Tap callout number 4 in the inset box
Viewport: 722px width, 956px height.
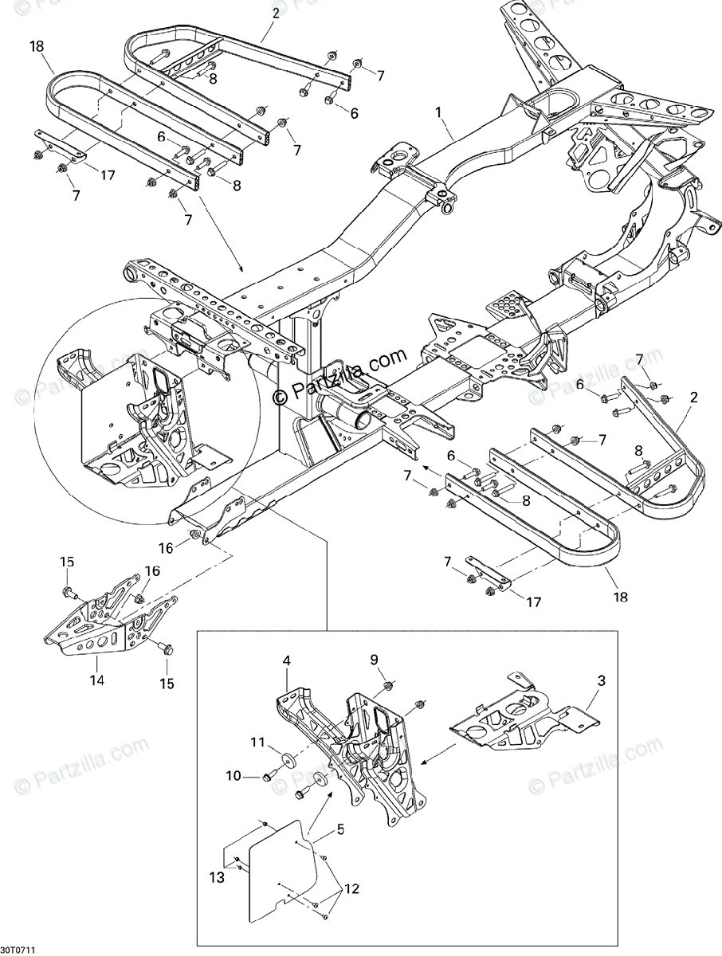[x=286, y=660]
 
